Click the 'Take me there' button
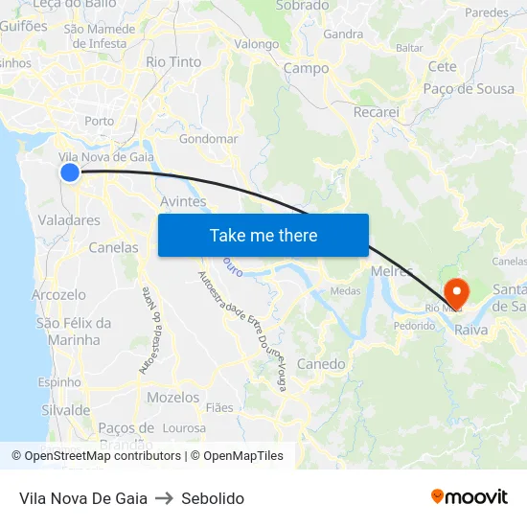(x=263, y=235)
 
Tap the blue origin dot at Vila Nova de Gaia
(x=70, y=172)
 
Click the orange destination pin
(x=457, y=290)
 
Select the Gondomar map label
(x=208, y=139)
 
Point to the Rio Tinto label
(x=173, y=61)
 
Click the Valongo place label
(x=257, y=44)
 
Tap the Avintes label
(x=183, y=202)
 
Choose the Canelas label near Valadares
(x=113, y=247)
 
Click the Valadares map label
(x=69, y=220)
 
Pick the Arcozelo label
(x=58, y=295)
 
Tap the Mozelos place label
(x=173, y=397)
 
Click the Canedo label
(x=321, y=364)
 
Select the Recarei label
(x=376, y=112)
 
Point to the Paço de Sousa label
(x=469, y=89)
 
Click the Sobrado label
(x=303, y=6)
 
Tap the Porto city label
(x=99, y=121)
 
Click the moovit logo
(x=470, y=496)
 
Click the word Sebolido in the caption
(x=213, y=498)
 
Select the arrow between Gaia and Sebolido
(x=164, y=498)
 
